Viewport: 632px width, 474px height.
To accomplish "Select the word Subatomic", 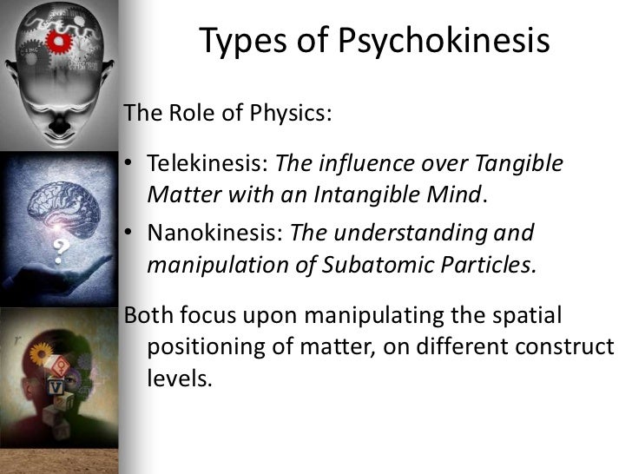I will tap(372, 264).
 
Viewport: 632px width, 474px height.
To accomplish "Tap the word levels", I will tap(180, 379).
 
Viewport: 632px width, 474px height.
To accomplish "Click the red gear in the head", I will tap(60, 40).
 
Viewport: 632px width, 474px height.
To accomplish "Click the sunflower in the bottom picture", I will tap(39, 353).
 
